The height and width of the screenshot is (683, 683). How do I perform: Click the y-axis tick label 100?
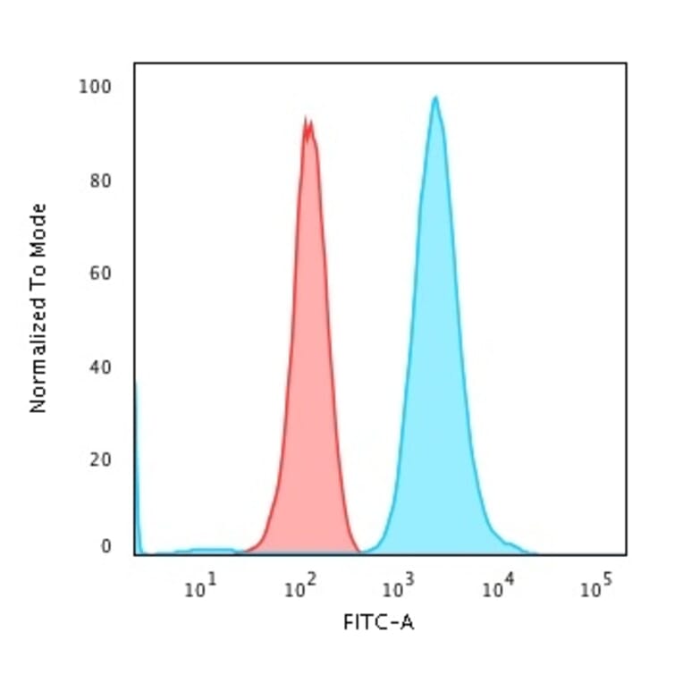pos(95,87)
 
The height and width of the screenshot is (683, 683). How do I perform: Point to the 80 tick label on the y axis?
pos(99,181)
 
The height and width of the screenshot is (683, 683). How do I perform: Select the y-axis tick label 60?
pos(99,273)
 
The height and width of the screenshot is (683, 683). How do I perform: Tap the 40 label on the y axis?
pos(99,367)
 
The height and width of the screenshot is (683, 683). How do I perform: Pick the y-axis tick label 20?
pos(99,460)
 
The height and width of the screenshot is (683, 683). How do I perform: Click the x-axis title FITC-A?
pos(379,621)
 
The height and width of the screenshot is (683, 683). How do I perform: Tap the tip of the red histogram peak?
pos(307,118)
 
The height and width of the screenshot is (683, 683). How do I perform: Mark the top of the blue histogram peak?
pos(435,97)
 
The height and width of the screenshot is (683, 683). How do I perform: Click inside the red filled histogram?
pos(308,358)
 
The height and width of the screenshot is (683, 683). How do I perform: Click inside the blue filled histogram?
pos(436,358)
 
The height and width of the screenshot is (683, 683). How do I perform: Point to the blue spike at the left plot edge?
pos(136,447)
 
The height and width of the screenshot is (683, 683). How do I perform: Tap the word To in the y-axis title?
pos(38,283)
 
